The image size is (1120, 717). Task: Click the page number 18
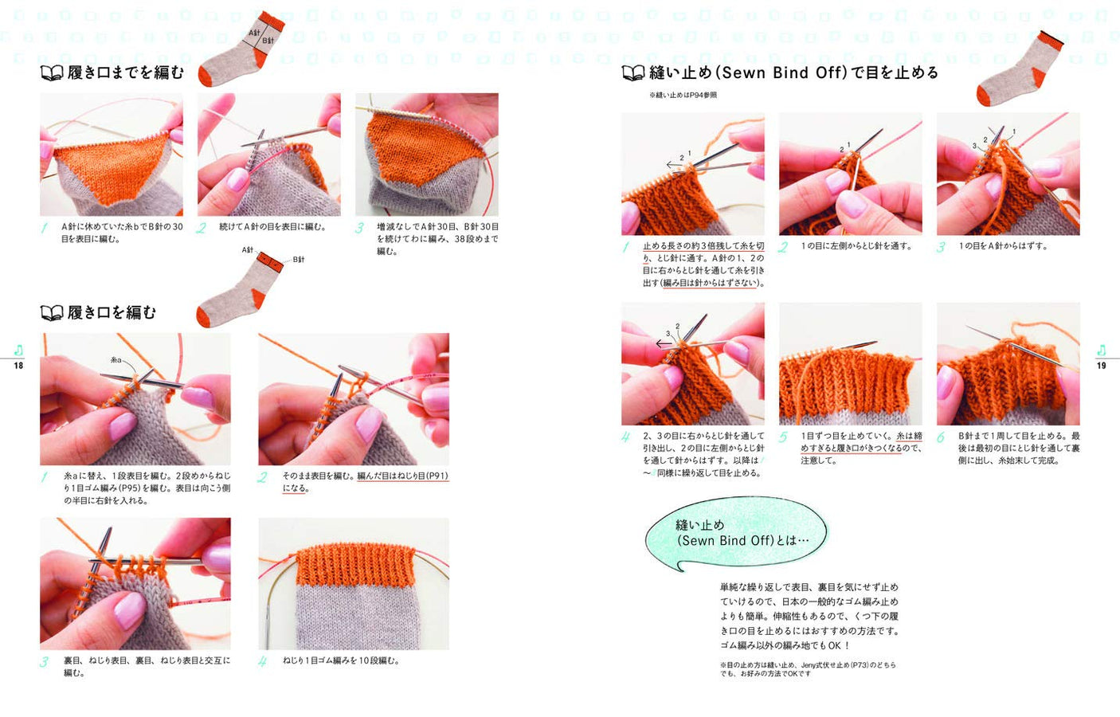click(18, 366)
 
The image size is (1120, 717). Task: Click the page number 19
click(1101, 366)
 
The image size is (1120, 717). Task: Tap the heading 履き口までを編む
click(125, 72)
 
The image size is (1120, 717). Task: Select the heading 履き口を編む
click(112, 312)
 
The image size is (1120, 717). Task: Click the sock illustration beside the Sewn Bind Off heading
click(1020, 70)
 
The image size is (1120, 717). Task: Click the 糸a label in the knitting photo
click(116, 360)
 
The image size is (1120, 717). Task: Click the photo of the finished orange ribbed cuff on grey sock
click(354, 583)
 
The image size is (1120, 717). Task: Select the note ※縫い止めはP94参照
click(683, 95)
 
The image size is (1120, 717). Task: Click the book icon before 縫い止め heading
click(632, 73)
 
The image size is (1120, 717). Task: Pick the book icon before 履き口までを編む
click(51, 73)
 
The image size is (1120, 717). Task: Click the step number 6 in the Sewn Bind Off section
click(941, 437)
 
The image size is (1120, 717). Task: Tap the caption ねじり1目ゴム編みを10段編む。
click(341, 660)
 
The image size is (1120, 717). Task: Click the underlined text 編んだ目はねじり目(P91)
click(402, 476)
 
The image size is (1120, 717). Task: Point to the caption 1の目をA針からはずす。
click(1003, 246)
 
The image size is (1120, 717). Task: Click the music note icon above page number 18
click(18, 351)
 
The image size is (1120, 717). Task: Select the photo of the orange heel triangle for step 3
click(427, 154)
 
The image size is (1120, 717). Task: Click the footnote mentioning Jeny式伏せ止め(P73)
click(807, 668)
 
